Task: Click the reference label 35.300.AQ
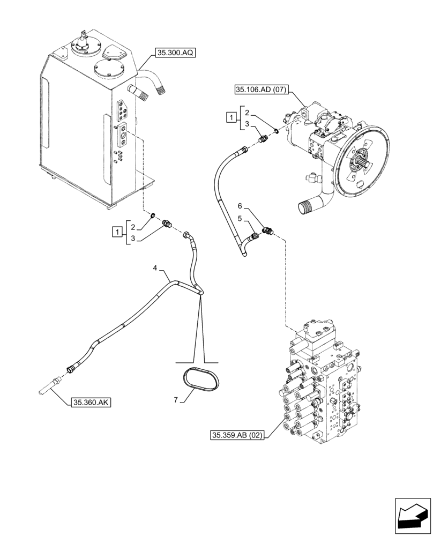(x=176, y=53)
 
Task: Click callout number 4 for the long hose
(x=155, y=266)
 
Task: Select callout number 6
(x=241, y=205)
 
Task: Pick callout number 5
(x=241, y=219)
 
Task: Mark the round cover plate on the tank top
(x=109, y=70)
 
